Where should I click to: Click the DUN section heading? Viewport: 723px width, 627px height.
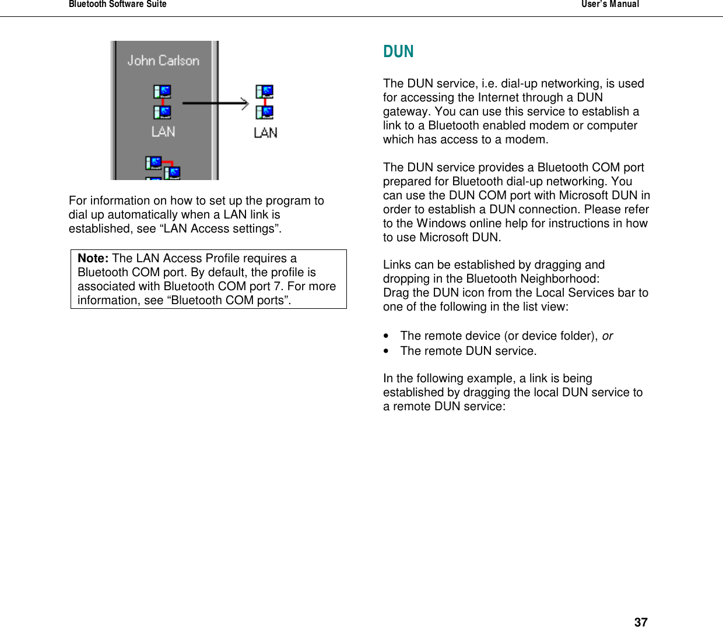click(x=398, y=52)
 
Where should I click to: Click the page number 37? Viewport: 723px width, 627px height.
click(x=640, y=622)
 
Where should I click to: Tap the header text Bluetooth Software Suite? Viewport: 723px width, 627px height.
click(x=117, y=4)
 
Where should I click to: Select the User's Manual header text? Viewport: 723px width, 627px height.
click(x=610, y=4)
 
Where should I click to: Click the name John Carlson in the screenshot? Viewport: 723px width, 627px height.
click(x=163, y=61)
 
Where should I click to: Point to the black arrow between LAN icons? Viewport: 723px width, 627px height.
click(x=215, y=104)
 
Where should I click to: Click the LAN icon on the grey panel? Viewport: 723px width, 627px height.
click(x=163, y=102)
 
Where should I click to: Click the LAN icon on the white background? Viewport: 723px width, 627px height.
click(x=265, y=102)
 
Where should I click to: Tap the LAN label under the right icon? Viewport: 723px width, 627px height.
click(x=265, y=133)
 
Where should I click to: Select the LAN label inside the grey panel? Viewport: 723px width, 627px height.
click(x=163, y=132)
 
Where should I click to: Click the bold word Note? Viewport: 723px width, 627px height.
click(x=93, y=258)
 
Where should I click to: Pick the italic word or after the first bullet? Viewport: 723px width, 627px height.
click(x=607, y=336)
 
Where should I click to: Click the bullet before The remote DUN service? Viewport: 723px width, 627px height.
click(x=386, y=351)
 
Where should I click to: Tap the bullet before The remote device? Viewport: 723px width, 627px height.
click(x=386, y=336)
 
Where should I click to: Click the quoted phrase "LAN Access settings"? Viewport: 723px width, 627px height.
click(x=220, y=228)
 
